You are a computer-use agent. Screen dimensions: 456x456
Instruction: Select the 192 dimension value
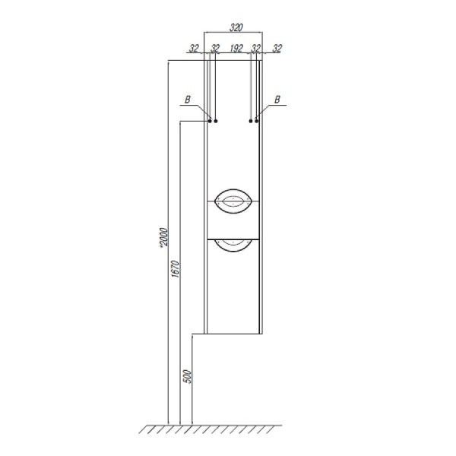pyautogui.click(x=235, y=48)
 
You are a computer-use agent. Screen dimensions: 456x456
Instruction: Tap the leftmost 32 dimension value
pyautogui.click(x=195, y=48)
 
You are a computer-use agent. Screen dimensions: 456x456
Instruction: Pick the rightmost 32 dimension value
pyautogui.click(x=277, y=48)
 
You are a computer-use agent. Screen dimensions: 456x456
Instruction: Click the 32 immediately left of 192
pyautogui.click(x=215, y=48)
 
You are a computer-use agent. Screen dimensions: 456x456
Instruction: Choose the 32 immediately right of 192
pyautogui.click(x=256, y=48)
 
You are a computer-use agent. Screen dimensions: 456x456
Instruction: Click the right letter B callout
pyautogui.click(x=278, y=99)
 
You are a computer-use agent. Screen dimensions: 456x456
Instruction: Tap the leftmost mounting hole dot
pyautogui.click(x=210, y=121)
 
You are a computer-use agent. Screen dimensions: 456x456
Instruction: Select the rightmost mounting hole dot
pyautogui.click(x=258, y=121)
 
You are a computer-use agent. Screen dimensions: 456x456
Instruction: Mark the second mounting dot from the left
pyautogui.click(x=217, y=121)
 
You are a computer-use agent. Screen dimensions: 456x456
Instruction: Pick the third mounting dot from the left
pyautogui.click(x=251, y=121)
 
